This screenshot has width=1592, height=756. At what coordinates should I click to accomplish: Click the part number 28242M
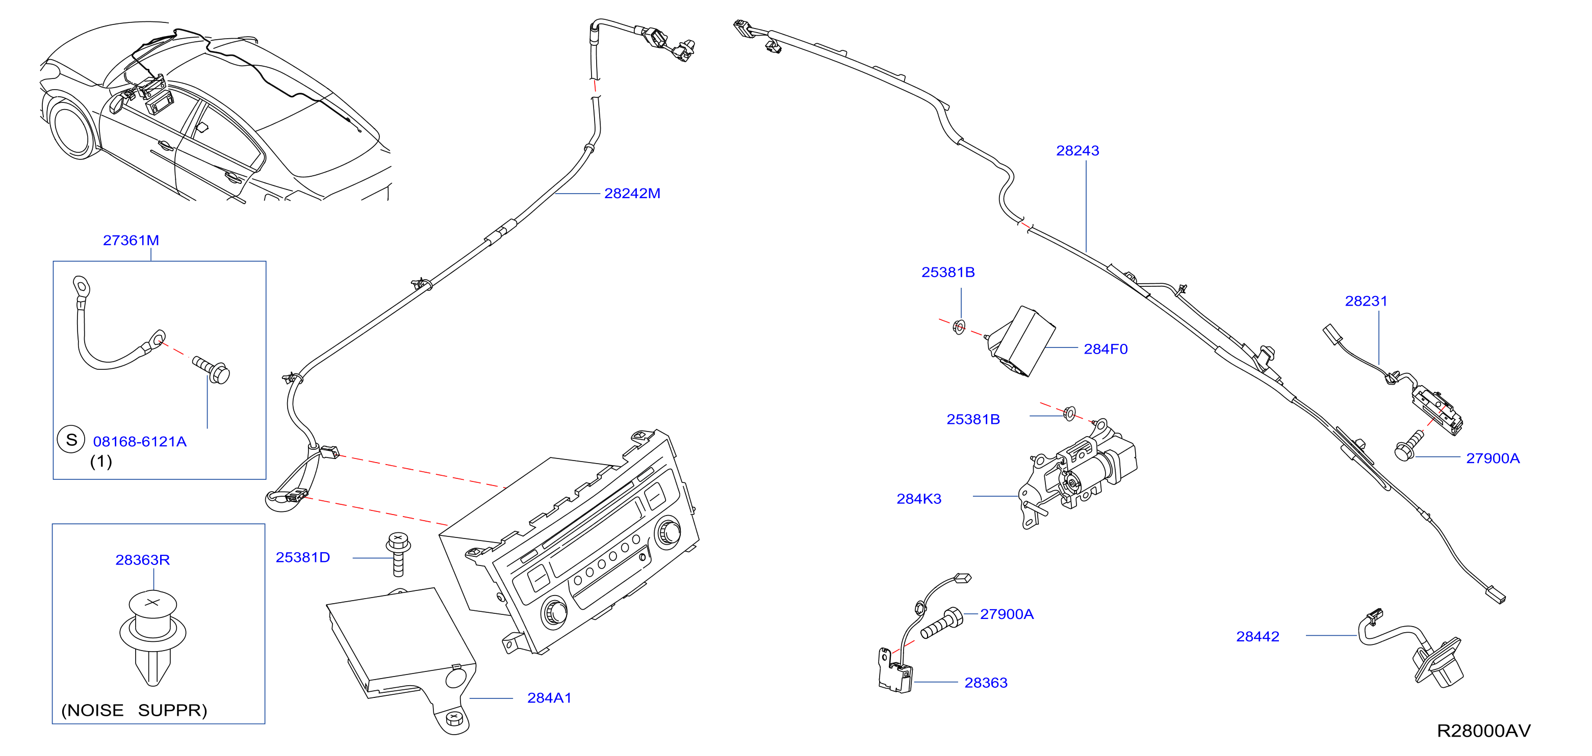632,193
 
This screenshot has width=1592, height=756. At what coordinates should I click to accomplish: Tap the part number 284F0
1106,349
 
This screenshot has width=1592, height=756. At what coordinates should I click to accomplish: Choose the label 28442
1257,636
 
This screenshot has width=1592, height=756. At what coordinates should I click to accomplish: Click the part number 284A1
549,698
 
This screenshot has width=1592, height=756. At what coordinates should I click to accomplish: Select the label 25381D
303,557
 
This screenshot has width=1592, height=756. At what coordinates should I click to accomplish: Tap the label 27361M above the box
131,240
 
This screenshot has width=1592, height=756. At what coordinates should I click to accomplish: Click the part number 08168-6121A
140,442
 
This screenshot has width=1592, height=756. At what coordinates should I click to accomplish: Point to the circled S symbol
71,440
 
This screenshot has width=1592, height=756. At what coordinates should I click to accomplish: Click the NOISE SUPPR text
134,710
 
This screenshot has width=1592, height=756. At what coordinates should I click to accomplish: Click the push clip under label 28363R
152,637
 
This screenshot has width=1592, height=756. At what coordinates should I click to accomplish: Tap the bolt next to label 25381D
398,554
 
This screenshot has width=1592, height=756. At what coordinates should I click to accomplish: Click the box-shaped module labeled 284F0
1020,341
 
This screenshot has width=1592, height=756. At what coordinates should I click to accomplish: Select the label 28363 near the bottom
986,683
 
